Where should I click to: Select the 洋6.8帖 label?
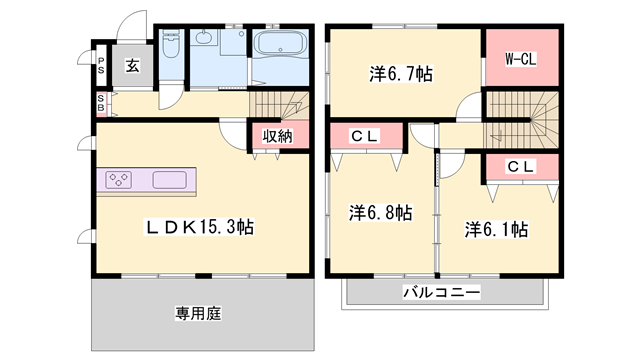(380, 212)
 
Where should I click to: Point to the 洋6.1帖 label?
(496, 229)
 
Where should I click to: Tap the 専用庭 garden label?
(197, 313)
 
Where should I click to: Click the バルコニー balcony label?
(441, 292)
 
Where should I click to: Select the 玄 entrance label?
(132, 66)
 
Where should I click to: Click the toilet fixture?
(169, 47)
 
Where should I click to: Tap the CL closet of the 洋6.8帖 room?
(363, 136)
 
